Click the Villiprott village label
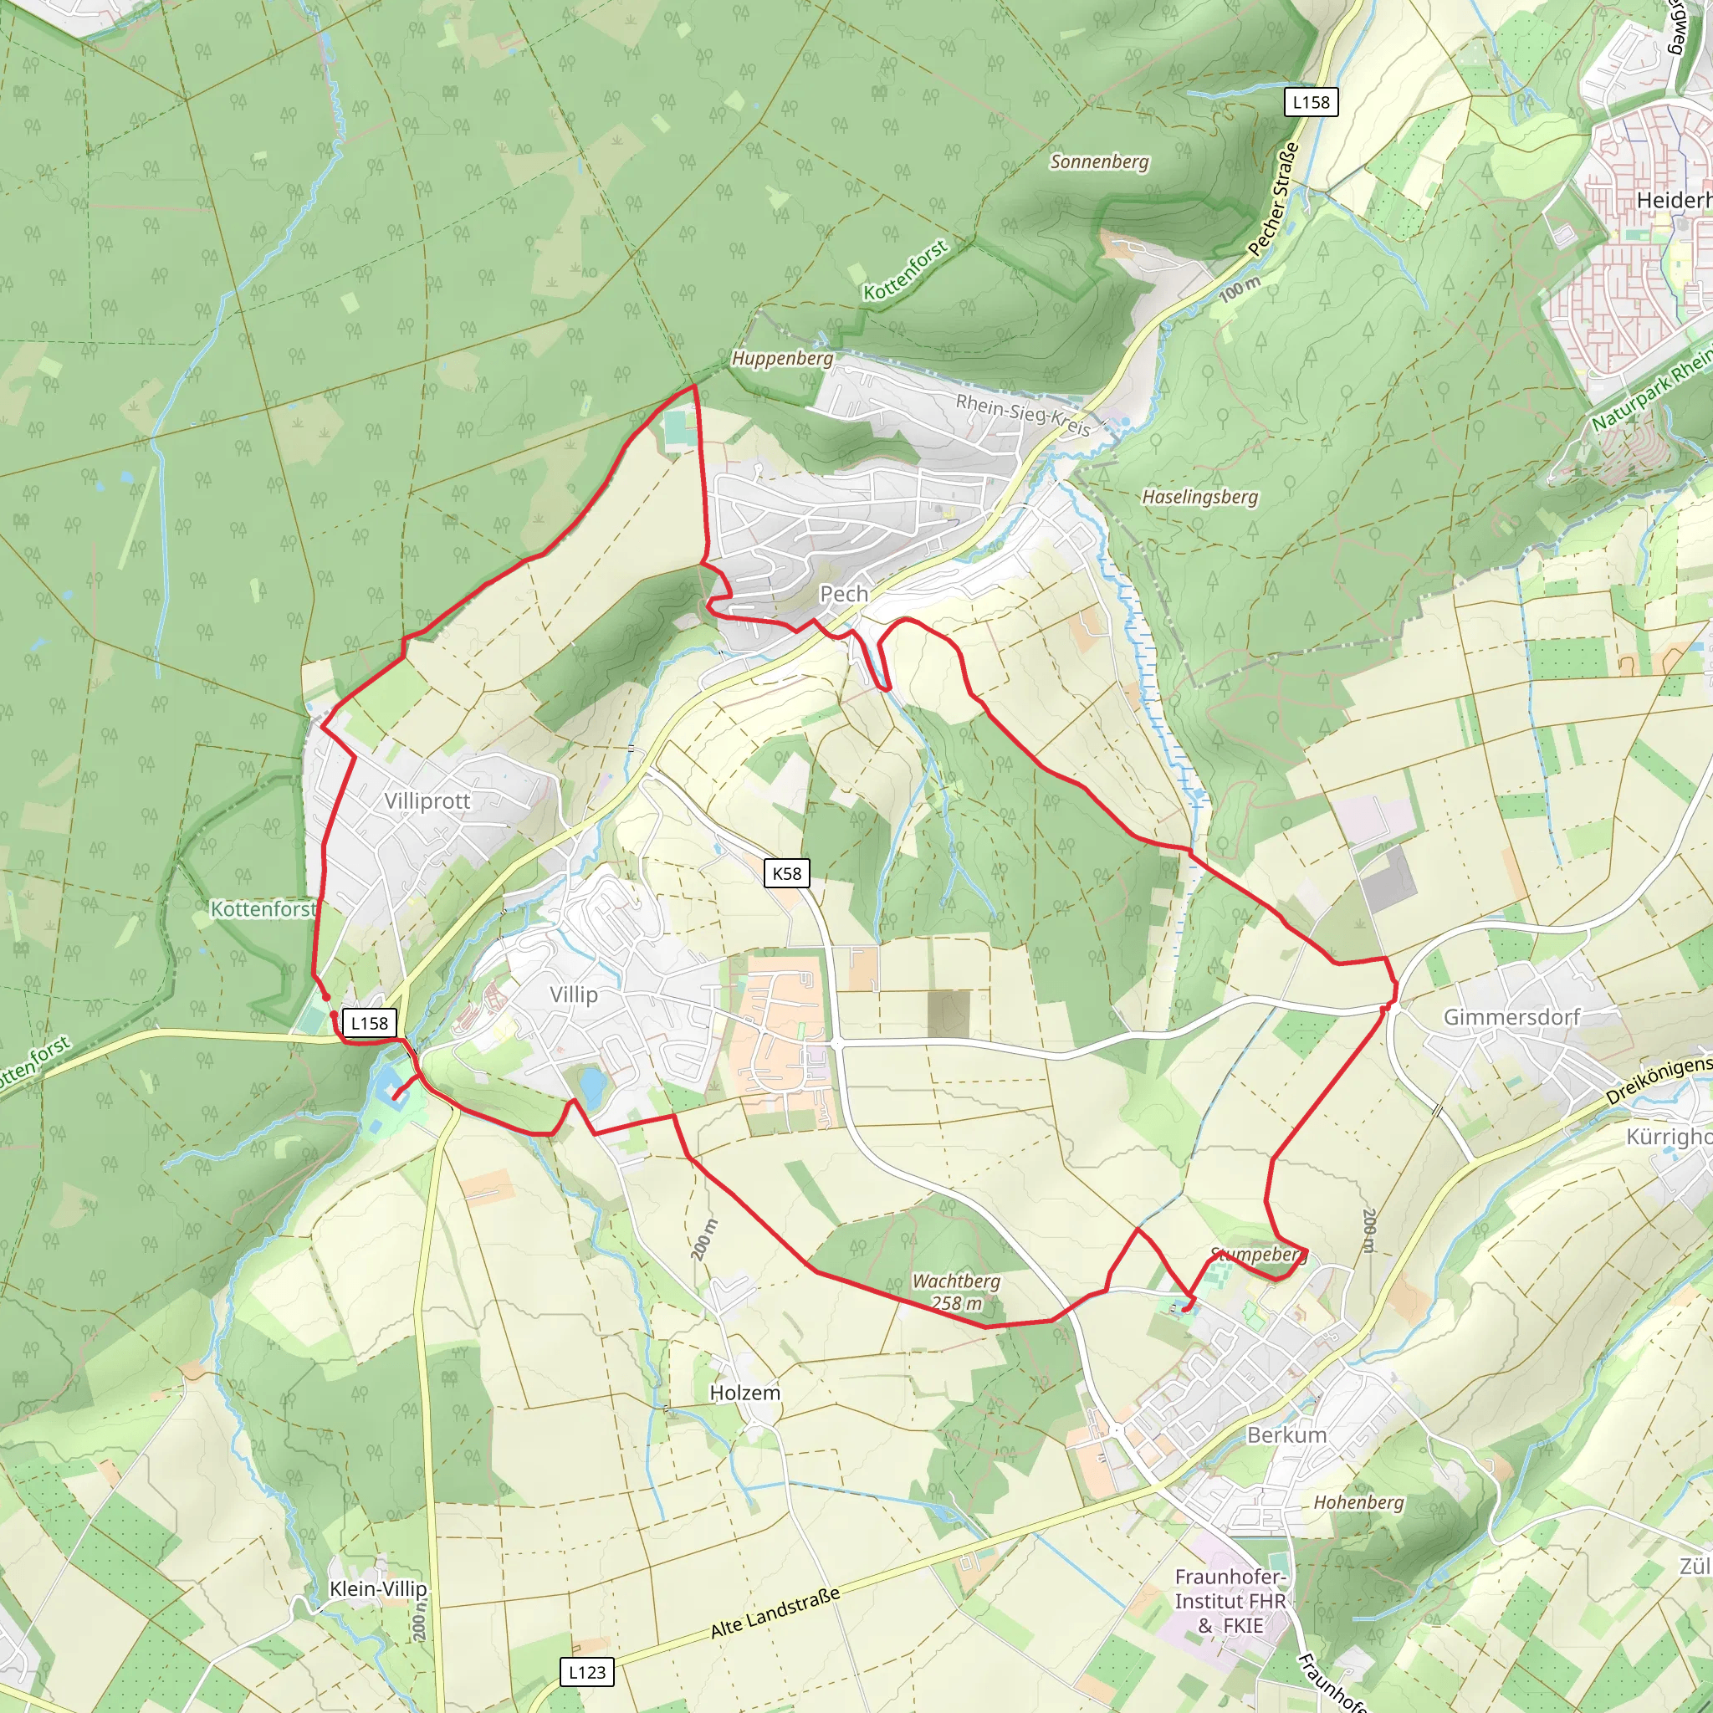click(427, 800)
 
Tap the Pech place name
click(843, 593)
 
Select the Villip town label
click(573, 994)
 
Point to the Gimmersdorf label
click(1511, 1017)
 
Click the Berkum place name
click(1286, 1434)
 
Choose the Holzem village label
click(744, 1393)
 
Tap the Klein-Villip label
click(378, 1588)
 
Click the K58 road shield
click(786, 873)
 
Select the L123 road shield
click(587, 1672)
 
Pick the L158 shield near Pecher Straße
click(1311, 102)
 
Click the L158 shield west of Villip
click(369, 1022)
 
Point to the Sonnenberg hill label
click(1098, 161)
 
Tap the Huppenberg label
click(782, 358)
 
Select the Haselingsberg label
click(1199, 497)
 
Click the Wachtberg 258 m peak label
click(957, 1291)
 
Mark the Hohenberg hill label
click(1358, 1502)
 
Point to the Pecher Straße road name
click(1273, 200)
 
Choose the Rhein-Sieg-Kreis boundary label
click(1022, 415)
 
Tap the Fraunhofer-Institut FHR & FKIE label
click(1230, 1601)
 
